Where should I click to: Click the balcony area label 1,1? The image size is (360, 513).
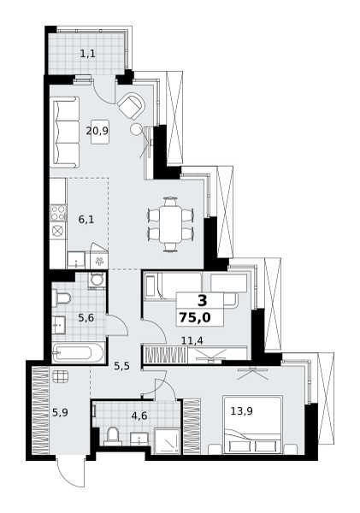(x=88, y=53)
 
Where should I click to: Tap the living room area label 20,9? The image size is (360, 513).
(x=97, y=131)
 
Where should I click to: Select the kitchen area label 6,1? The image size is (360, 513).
(x=86, y=220)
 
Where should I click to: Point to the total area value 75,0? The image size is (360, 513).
(x=195, y=317)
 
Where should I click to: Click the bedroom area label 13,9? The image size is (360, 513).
(x=241, y=411)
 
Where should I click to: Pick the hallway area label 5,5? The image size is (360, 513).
(x=121, y=366)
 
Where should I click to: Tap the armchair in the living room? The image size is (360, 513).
(x=131, y=106)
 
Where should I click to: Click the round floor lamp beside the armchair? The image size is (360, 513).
(x=135, y=129)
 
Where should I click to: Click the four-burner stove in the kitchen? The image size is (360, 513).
(x=58, y=213)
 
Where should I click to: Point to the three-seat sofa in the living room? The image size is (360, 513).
(x=64, y=133)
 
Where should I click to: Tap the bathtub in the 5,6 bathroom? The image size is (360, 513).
(x=78, y=352)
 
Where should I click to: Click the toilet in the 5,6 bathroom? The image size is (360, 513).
(x=62, y=299)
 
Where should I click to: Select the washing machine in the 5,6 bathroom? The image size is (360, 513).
(x=97, y=280)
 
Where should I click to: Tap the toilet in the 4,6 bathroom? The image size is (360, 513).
(x=113, y=436)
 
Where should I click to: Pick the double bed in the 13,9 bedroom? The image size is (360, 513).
(x=252, y=425)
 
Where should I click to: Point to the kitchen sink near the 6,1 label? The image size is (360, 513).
(x=76, y=260)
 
